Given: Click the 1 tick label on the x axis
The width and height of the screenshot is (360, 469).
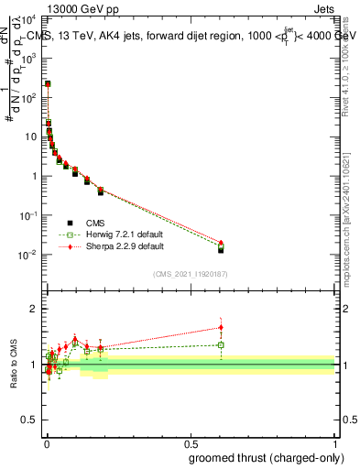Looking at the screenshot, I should coord(336,442).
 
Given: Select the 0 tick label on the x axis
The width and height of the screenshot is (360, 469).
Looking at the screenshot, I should coord(46,442).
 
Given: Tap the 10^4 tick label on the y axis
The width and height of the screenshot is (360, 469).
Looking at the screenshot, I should coord(31,18).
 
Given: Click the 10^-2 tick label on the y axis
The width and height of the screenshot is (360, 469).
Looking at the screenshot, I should coord(31,255).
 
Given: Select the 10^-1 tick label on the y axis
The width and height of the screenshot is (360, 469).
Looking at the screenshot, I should coord(31,215).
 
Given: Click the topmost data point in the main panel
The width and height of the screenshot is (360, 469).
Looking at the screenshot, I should coord(48,83).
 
